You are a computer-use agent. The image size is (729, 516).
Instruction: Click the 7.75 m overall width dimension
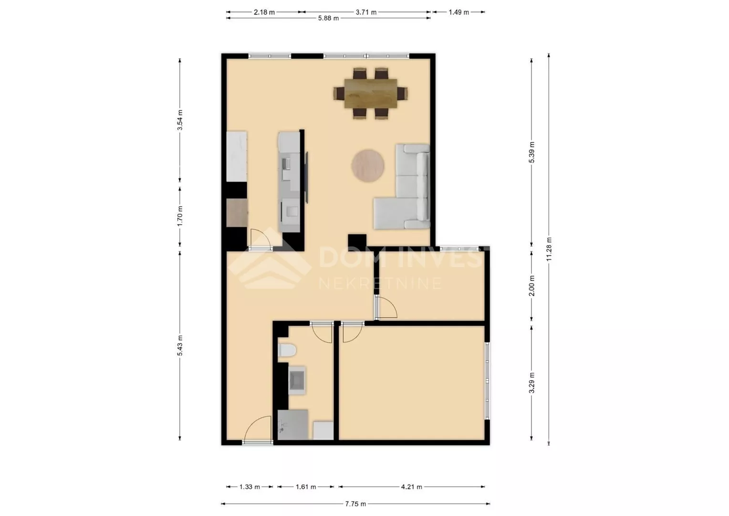click(x=355, y=504)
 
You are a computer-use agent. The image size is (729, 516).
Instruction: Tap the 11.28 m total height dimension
click(x=549, y=249)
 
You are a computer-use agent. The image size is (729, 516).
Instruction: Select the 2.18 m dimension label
click(x=264, y=12)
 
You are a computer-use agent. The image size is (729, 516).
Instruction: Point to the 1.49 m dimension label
click(x=458, y=12)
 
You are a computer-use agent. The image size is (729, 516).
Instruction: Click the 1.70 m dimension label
click(x=180, y=216)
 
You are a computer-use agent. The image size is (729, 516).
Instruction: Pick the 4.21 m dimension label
click(x=411, y=487)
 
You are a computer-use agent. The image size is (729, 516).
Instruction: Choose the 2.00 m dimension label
click(x=532, y=286)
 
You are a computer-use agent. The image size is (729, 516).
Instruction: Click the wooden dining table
click(x=371, y=93)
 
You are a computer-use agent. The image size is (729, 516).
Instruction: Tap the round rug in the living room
click(x=368, y=166)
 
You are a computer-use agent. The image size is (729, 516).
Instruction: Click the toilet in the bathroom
click(x=287, y=350)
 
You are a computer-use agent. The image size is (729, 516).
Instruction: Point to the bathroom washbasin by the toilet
click(x=297, y=380)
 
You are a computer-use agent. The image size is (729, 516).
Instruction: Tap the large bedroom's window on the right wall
click(x=487, y=380)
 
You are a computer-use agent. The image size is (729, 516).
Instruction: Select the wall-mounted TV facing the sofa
click(x=307, y=177)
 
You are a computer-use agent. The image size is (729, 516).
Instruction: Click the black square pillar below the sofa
click(x=357, y=243)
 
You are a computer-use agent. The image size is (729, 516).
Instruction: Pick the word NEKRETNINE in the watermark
click(x=380, y=283)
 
